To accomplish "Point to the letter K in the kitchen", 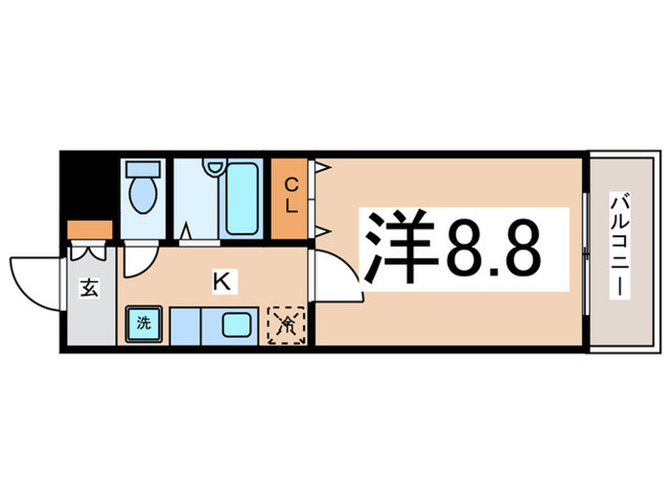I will point(220,281).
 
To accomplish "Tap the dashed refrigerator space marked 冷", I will point(287,324).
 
